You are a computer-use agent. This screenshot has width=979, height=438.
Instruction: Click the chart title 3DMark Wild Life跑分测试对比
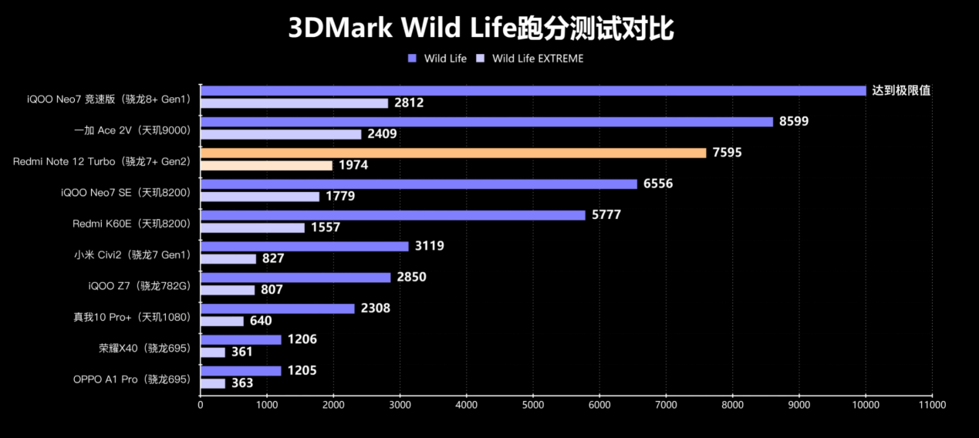pos(481,29)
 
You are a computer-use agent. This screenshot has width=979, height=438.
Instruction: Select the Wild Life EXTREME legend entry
pos(538,59)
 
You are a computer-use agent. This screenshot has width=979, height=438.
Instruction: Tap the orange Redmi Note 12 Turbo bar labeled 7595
pos(453,153)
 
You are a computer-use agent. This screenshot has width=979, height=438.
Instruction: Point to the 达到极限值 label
pos(901,90)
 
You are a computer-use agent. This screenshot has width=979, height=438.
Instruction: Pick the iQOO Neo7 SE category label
pos(125,192)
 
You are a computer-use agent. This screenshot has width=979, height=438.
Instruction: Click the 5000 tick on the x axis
pos(533,403)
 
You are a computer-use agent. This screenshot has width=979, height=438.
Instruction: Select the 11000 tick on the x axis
pos(932,403)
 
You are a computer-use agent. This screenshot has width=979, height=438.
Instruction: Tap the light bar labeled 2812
pos(294,103)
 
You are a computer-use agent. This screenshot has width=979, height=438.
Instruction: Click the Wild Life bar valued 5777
pos(393,215)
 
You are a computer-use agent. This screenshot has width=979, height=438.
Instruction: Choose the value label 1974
pos(355,166)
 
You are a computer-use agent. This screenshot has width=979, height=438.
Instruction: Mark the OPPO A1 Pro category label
pos(131,379)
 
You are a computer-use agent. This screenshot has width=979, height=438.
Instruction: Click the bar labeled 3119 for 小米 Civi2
pos(304,246)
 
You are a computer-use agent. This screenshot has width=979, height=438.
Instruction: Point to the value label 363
pos(241,383)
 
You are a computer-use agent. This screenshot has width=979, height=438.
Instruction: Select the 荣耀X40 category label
pos(144,348)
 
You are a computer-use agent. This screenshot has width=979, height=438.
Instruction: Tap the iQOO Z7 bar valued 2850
pos(295,278)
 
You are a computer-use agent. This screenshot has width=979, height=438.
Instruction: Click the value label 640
pos(261,321)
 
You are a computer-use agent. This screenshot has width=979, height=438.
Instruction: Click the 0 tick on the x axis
pos(201,403)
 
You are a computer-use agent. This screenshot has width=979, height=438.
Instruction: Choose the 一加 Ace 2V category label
pos(131,130)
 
